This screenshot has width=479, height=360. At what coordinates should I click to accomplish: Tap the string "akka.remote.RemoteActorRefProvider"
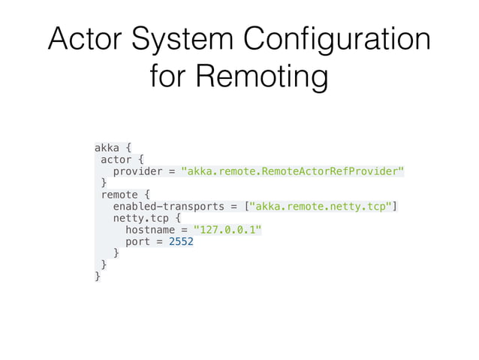[293, 171]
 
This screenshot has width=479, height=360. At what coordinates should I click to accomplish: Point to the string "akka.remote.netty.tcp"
[324, 206]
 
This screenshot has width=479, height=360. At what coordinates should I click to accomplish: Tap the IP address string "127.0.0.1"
[228, 230]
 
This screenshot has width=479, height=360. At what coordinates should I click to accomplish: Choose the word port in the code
[137, 242]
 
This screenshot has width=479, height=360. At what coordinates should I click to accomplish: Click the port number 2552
[181, 242]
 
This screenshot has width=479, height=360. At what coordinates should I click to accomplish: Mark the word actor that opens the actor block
[116, 159]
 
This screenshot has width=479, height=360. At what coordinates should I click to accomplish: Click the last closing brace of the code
[98, 277]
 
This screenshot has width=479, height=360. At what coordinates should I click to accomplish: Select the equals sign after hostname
[184, 230]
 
